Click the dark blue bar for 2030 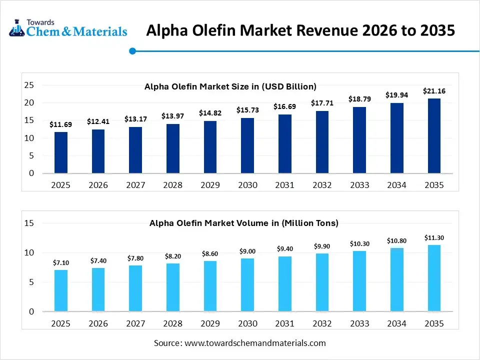[x=247, y=145]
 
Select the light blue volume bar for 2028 [x=173, y=287]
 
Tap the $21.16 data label [x=434, y=91]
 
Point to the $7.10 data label [x=61, y=262]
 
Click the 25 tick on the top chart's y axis [x=29, y=85]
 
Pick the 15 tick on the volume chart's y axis [x=29, y=223]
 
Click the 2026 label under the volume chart [x=98, y=323]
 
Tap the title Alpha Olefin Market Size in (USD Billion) [x=230, y=86]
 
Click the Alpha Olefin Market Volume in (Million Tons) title [x=244, y=223]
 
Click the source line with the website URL [x=239, y=343]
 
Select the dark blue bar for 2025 [x=61, y=152]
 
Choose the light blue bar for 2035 [x=434, y=278]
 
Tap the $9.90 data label [x=322, y=246]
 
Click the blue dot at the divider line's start [x=132, y=50]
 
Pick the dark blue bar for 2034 [x=396, y=138]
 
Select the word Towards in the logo [x=40, y=22]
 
